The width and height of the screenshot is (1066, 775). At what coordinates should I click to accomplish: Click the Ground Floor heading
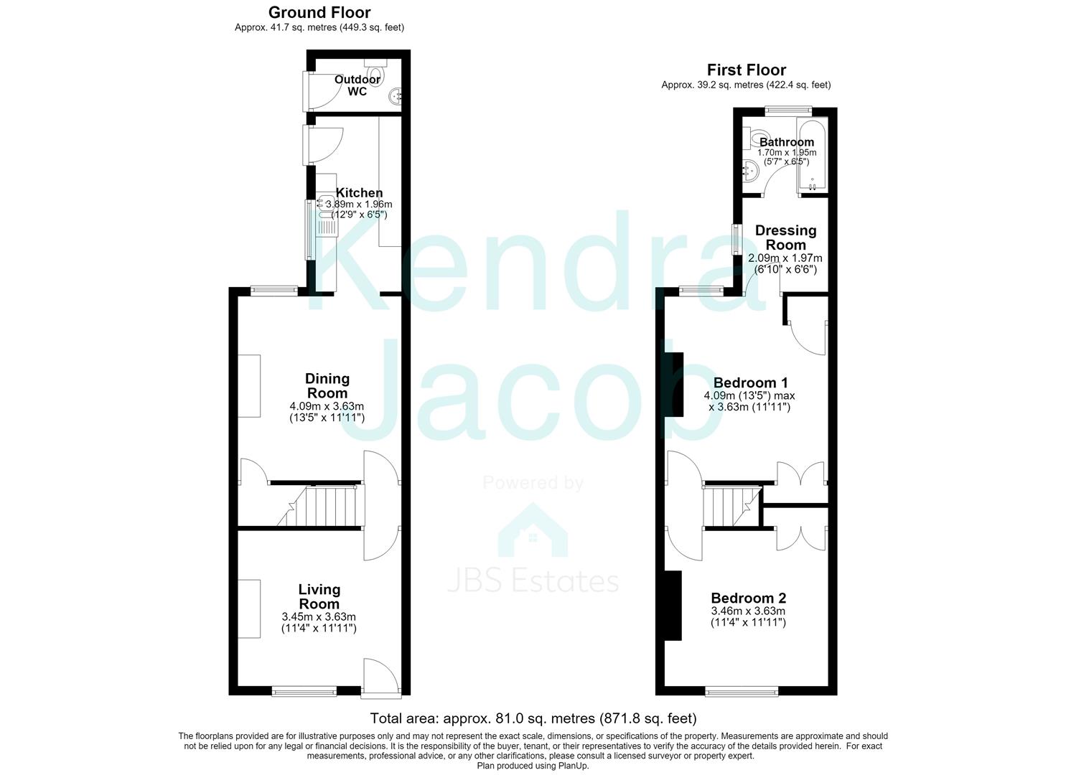coord(319,12)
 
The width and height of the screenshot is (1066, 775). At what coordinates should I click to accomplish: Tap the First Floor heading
coord(747,70)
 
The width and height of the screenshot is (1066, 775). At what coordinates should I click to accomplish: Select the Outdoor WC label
coord(357,85)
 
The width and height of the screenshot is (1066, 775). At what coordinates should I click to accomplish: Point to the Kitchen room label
coord(360,193)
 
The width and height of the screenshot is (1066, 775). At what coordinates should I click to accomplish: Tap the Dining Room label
coord(327,386)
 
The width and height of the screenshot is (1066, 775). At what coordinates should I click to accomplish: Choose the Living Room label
coord(319,596)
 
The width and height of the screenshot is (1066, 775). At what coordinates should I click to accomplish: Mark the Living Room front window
coord(304,691)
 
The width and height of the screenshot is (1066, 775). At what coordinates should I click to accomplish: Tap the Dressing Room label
coord(786,238)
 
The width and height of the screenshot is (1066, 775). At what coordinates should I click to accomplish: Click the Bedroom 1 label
coord(750,382)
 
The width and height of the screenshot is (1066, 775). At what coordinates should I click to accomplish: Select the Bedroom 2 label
coord(749,598)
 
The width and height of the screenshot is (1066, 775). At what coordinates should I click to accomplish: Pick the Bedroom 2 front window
coord(742,691)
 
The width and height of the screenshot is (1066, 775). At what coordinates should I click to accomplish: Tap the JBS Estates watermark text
coord(533,581)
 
